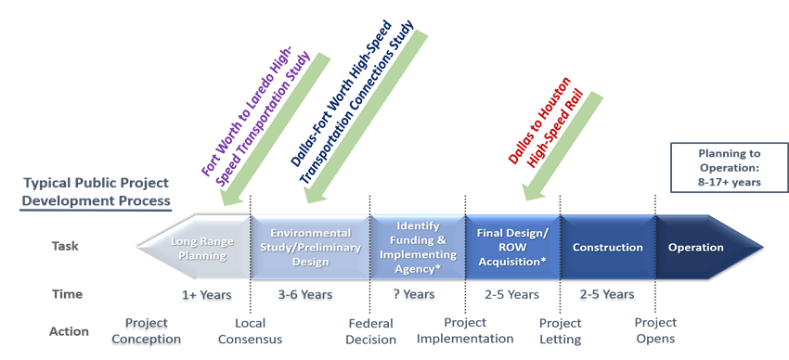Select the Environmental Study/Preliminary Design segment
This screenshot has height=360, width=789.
pos(310,247)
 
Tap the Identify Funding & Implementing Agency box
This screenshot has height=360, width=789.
pos(417,247)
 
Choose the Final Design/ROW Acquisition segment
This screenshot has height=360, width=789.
pos(511,247)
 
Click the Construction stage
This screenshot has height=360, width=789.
pos(607,248)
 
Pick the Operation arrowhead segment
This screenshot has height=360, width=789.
pos(698,248)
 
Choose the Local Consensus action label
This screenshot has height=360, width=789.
pos(249,331)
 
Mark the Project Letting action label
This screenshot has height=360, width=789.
pos(560,331)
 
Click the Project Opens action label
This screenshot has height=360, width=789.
pos(654,331)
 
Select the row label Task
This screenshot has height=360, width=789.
pos(65,247)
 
